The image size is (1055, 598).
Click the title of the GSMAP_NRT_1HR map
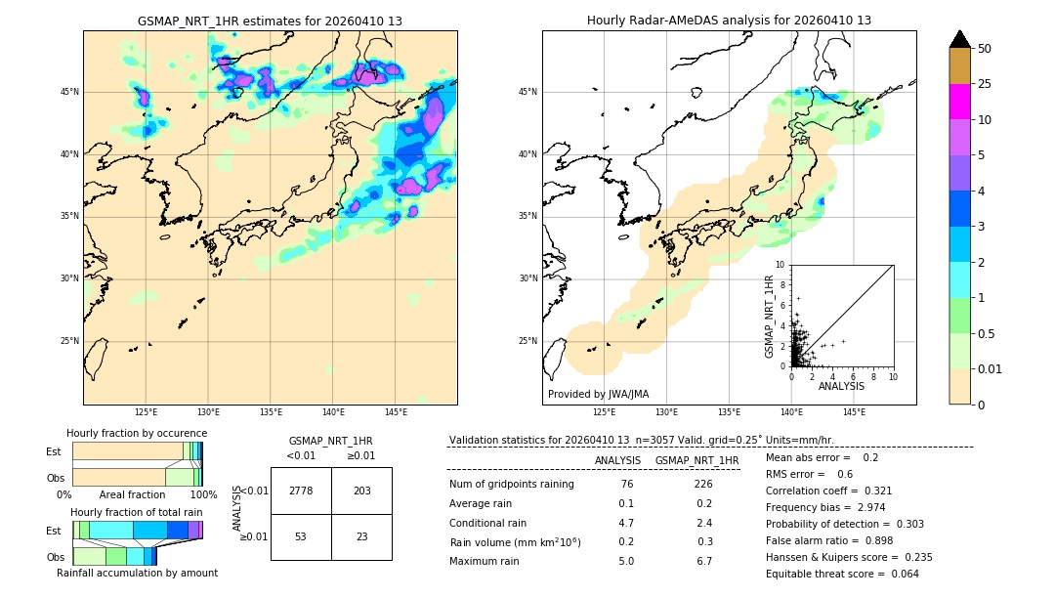(270, 21)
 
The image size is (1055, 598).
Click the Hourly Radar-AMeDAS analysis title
(729, 21)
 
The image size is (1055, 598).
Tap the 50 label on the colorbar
(985, 49)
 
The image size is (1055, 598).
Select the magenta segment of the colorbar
(959, 102)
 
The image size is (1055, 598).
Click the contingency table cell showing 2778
(301, 491)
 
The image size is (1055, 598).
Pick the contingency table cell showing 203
(361, 491)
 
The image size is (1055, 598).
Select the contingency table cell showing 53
(301, 536)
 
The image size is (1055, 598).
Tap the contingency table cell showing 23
(361, 536)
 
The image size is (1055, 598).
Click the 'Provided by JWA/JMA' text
(598, 395)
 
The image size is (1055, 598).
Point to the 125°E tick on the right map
(606, 412)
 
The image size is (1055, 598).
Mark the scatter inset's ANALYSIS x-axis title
(841, 386)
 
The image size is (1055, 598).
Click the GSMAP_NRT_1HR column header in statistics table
(696, 460)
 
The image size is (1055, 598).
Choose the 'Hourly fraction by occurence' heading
(137, 433)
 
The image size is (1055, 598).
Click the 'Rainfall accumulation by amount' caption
(136, 573)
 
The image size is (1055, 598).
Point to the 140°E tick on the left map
(333, 412)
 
